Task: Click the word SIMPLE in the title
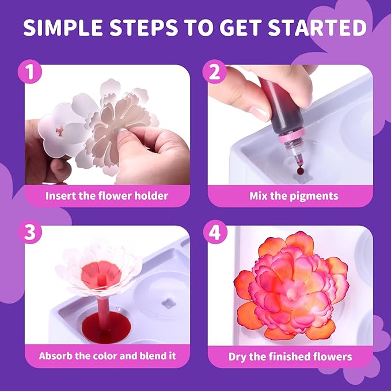click(x=63, y=27)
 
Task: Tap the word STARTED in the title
click(x=317, y=27)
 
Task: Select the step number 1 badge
click(x=30, y=72)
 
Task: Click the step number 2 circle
click(x=214, y=72)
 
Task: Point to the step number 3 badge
click(x=30, y=232)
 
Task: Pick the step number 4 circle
click(x=215, y=233)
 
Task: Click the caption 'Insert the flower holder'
click(x=107, y=196)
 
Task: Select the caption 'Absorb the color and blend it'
click(x=108, y=356)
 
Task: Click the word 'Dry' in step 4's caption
click(x=237, y=357)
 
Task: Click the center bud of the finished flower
click(x=292, y=295)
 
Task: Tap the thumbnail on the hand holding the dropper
click(x=260, y=113)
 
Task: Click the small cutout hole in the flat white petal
click(x=60, y=131)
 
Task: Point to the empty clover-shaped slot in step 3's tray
click(x=169, y=303)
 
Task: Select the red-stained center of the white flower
click(x=101, y=274)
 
